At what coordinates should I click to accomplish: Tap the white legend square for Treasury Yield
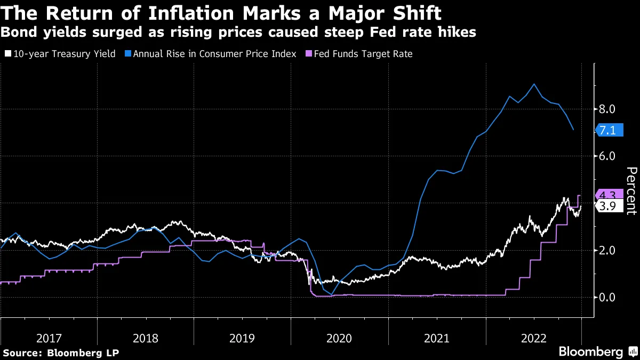tap(7, 54)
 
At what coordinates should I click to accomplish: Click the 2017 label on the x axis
tap(49, 338)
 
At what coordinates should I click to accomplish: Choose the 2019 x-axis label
tap(243, 338)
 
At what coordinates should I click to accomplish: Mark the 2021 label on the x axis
tap(437, 338)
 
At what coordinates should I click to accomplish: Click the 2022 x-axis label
tap(534, 338)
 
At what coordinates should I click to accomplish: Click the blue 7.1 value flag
tap(609, 130)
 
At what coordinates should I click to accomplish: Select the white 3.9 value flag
tap(609, 206)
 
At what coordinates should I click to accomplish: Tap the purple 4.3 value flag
tap(609, 195)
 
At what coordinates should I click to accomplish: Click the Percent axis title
tap(631, 190)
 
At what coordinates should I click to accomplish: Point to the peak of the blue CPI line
tap(534, 84)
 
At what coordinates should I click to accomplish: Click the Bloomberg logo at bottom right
tap(590, 352)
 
